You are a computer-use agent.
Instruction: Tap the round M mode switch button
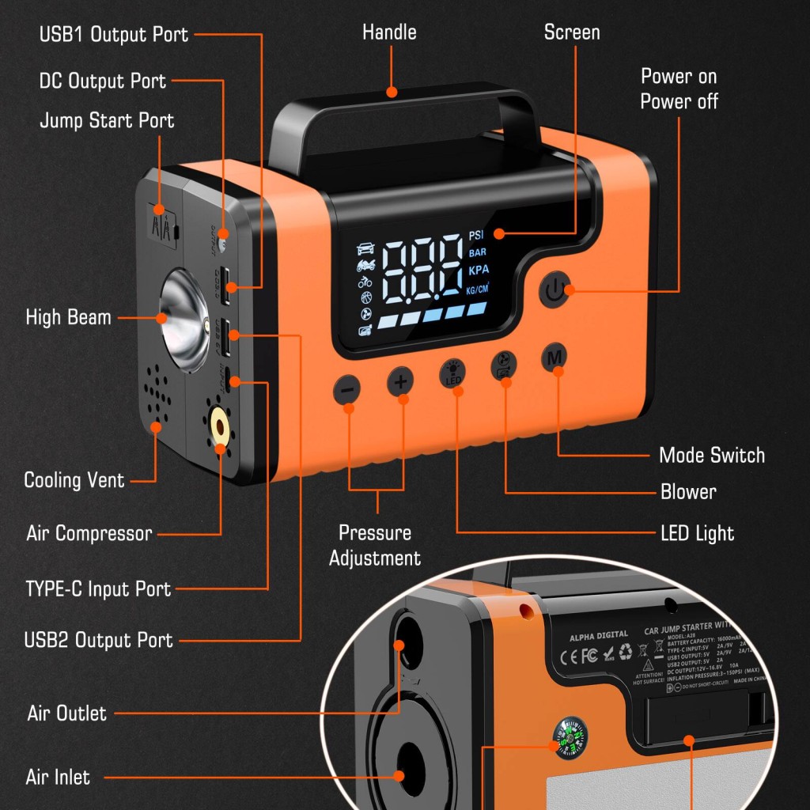coord(555,358)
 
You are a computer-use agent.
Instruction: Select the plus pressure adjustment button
coord(401,382)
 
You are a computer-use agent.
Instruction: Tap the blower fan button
coord(503,365)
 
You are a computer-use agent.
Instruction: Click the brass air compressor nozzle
coord(219,430)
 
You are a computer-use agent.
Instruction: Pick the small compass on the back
coord(570,737)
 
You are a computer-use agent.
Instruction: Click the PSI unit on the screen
coord(475,235)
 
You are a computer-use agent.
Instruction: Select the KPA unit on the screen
coord(479,270)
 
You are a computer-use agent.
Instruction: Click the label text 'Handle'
coord(389,32)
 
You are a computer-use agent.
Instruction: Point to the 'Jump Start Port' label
coord(107,121)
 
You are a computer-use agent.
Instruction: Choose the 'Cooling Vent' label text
coord(74,480)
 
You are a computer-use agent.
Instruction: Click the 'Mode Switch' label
coord(712,455)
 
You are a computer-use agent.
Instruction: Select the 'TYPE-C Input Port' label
coord(98,589)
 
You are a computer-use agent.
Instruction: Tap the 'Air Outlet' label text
coord(66,713)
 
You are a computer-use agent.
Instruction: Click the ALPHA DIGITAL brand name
coord(599,634)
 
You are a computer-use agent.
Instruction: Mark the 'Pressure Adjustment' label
coord(375,545)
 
